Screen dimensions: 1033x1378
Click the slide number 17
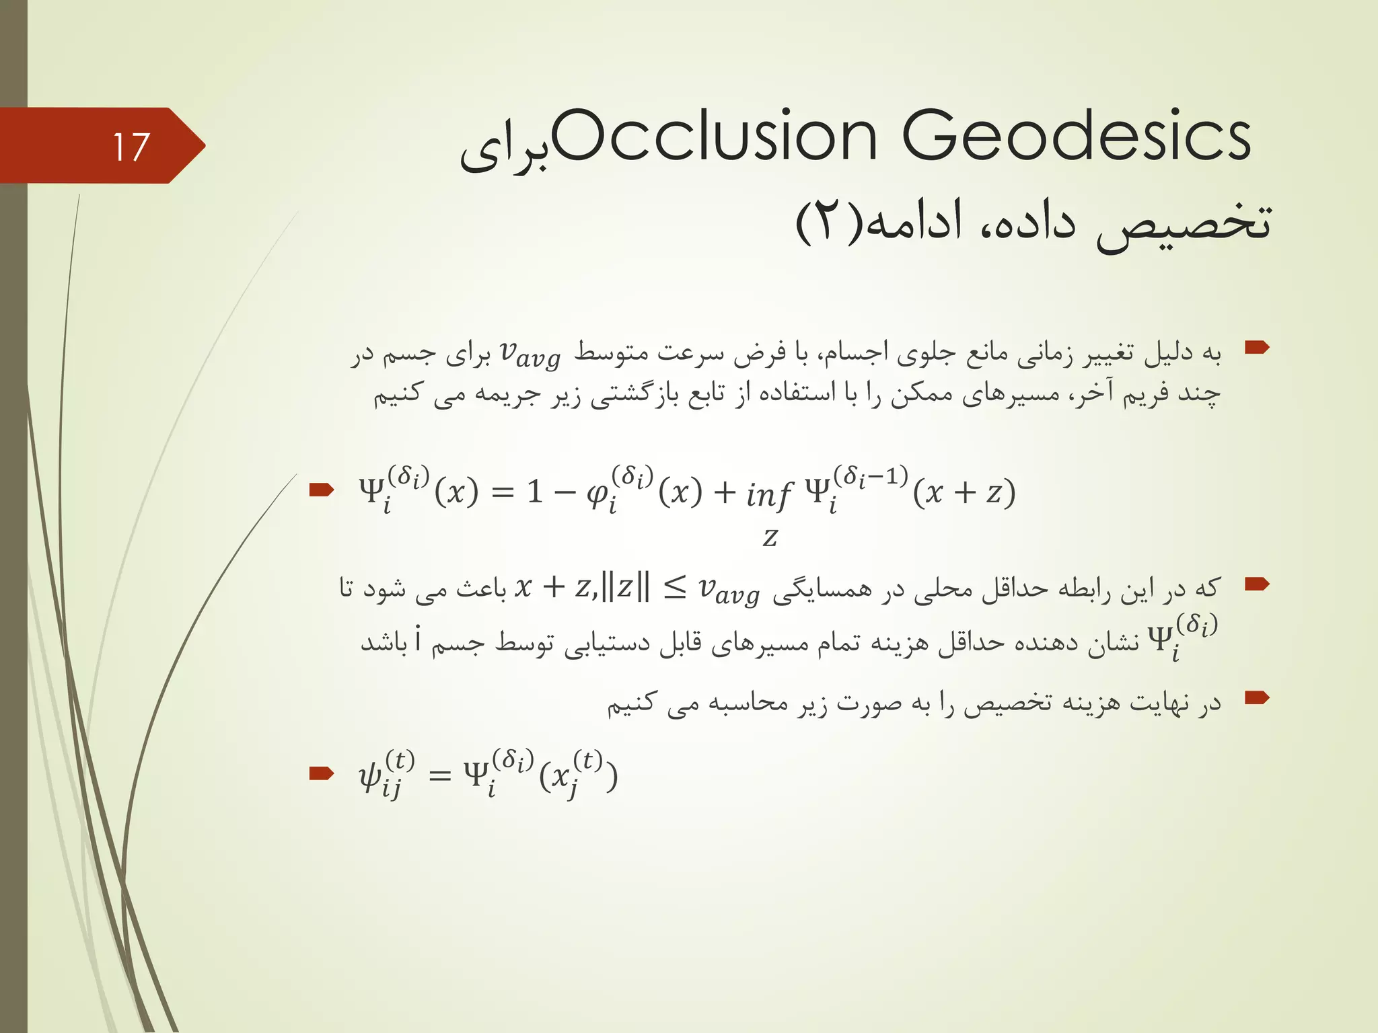(131, 147)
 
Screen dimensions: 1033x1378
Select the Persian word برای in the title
(505, 149)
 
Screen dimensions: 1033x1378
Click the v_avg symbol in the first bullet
(530, 354)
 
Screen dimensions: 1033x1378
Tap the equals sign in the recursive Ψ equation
(503, 493)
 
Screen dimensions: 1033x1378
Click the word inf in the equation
(768, 494)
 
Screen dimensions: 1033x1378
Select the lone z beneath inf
(770, 537)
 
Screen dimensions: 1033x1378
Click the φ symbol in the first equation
(598, 494)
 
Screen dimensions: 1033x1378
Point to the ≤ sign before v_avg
(674, 588)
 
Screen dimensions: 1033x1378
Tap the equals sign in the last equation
(439, 775)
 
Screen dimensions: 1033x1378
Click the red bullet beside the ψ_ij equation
(321, 773)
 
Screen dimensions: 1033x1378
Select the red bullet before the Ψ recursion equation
(321, 490)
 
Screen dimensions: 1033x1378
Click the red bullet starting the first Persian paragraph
(1256, 348)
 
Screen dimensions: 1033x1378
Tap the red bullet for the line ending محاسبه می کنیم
(1256, 698)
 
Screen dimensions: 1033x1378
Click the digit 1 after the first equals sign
(535, 493)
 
